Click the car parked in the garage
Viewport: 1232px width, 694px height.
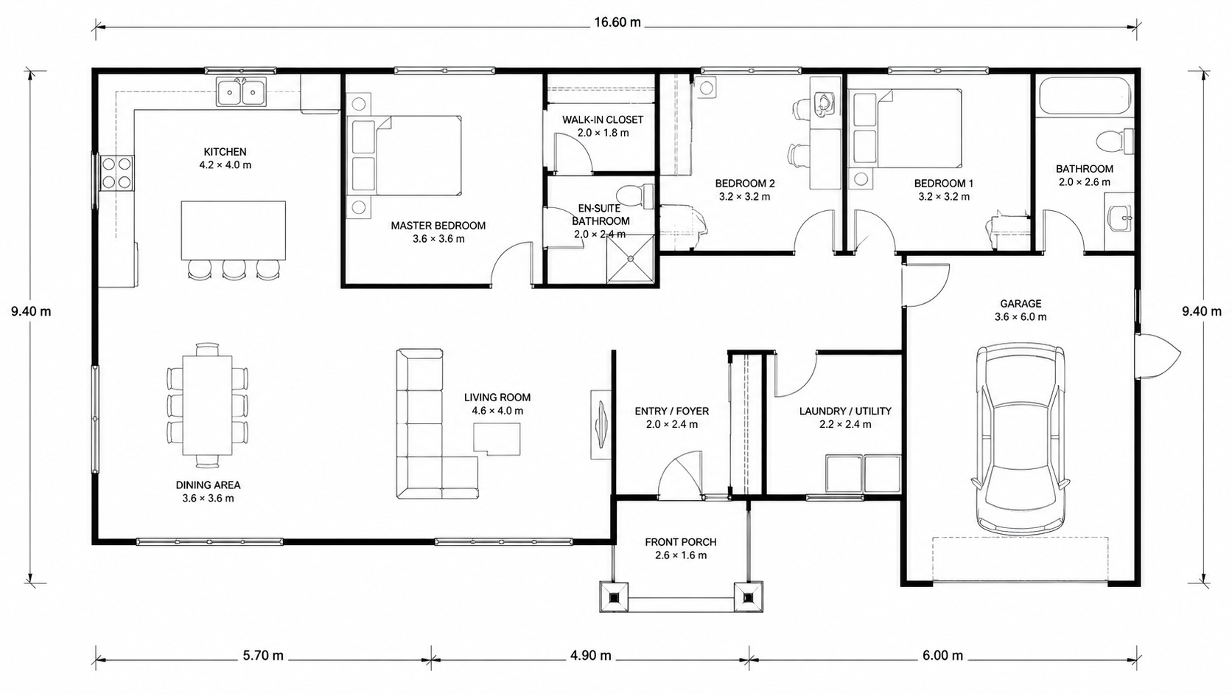1021,439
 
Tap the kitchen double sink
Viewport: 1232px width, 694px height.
241,91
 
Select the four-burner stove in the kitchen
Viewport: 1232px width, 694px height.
117,173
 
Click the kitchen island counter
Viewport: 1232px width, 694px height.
233,230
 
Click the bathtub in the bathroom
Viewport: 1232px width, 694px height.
1083,97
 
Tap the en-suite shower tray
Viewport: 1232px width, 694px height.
631,259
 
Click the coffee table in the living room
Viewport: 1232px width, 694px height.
497,439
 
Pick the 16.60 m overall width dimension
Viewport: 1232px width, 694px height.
617,23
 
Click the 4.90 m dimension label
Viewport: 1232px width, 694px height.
591,656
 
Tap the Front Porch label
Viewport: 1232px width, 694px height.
681,549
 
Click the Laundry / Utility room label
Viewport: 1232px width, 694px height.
845,417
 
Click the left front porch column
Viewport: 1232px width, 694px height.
614,597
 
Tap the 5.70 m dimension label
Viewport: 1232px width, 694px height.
264,656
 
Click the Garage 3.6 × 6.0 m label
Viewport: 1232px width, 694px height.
1021,310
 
